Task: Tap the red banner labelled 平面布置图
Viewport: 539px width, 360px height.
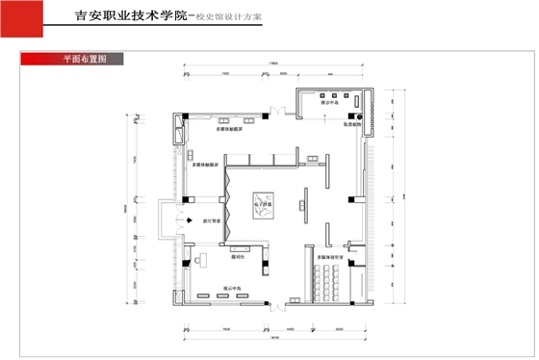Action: click(78, 59)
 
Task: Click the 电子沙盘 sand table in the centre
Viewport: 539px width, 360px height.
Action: click(263, 208)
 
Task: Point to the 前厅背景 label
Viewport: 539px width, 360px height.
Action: click(213, 220)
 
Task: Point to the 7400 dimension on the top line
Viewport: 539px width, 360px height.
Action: click(224, 72)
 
